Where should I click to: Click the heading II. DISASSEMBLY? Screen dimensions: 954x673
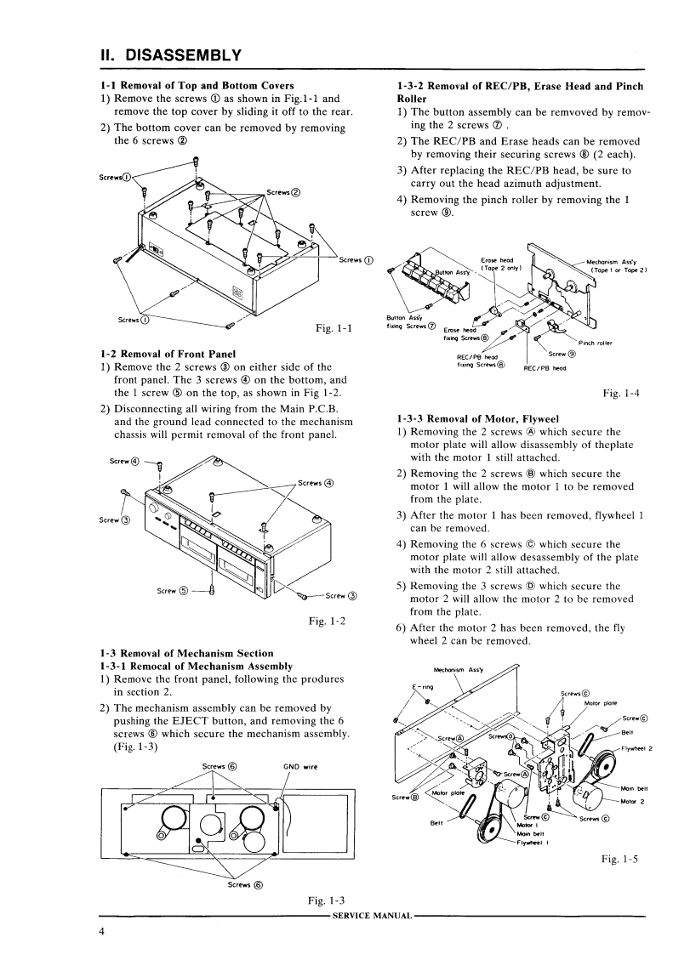tap(170, 55)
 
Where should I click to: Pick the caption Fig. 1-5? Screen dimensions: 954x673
tap(619, 860)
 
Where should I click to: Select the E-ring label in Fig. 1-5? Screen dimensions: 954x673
tap(423, 686)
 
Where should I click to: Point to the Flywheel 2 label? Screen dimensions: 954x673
tap(635, 748)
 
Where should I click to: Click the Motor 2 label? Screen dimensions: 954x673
tap(633, 801)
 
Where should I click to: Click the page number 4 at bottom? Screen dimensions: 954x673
tap(101, 933)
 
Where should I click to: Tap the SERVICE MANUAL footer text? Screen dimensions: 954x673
tap(374, 916)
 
